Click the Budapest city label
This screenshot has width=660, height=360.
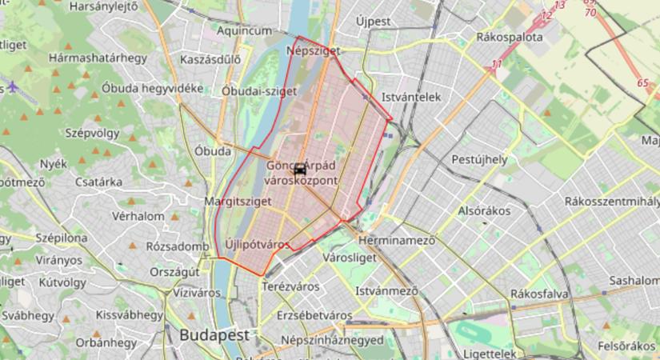[x=214, y=334]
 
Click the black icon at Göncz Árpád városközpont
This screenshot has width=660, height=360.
[x=299, y=169]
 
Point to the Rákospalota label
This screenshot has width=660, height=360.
[x=509, y=37]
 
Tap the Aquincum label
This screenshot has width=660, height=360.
[x=244, y=30]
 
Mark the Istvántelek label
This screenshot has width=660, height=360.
[x=411, y=97]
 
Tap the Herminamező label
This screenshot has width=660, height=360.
[x=396, y=239]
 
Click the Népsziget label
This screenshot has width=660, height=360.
[x=313, y=50]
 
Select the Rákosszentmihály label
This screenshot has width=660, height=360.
[x=611, y=201]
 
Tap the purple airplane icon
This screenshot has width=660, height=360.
[x=14, y=86]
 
